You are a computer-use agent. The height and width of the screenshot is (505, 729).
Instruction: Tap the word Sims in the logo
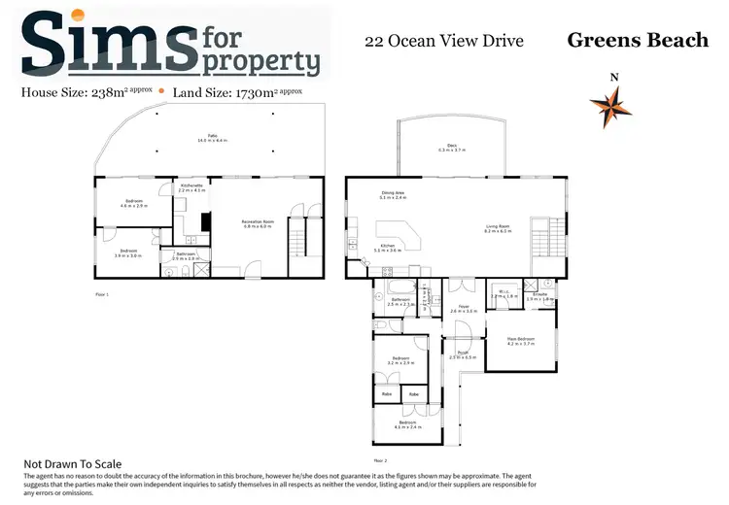point(107,44)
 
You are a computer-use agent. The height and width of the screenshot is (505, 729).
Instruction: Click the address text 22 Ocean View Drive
point(443,41)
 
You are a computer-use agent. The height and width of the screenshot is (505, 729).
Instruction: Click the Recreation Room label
point(258,223)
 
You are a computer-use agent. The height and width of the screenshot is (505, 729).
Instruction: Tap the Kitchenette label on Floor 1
point(191,186)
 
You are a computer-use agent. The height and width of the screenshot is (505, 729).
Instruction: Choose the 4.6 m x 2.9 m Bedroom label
point(132,204)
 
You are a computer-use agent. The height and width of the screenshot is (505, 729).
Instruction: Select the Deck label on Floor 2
point(452,148)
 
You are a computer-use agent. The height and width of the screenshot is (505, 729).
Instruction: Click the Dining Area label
point(393,195)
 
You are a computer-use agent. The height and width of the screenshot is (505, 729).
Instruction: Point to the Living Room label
point(499,229)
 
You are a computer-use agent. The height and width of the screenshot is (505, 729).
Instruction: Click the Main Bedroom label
point(521,341)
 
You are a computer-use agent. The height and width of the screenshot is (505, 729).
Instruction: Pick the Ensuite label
point(539,297)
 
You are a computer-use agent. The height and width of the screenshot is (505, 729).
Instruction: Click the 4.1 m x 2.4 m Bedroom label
point(406,424)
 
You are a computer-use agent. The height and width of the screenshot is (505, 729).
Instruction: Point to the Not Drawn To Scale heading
point(73,464)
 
